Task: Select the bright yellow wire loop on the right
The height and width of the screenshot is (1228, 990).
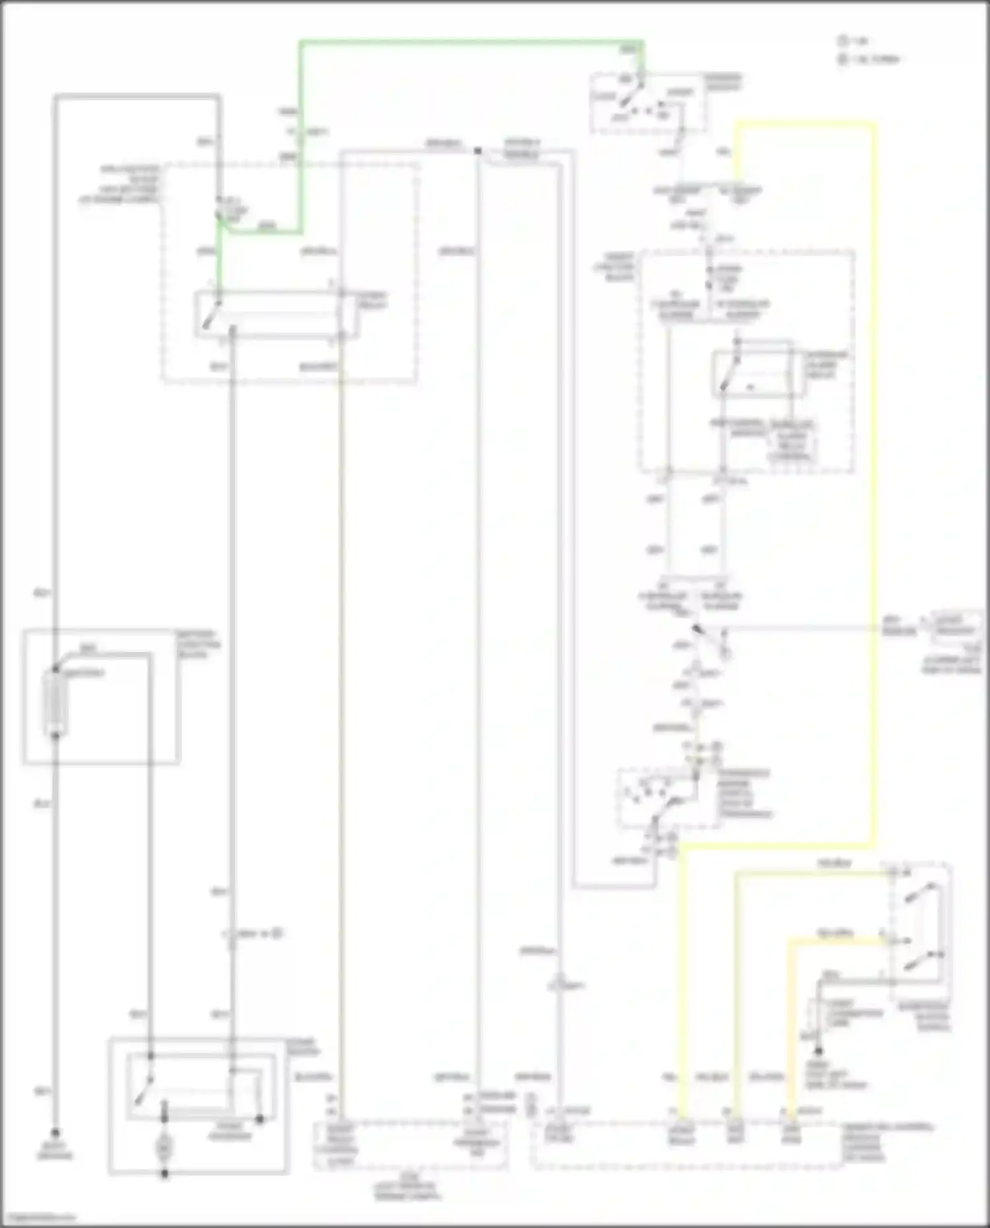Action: point(874,462)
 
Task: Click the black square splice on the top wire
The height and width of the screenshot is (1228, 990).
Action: point(478,151)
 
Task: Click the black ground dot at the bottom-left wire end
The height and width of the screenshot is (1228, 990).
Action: point(55,1132)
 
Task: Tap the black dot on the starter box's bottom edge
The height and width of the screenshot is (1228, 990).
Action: point(164,1174)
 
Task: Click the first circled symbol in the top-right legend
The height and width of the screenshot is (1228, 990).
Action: point(843,41)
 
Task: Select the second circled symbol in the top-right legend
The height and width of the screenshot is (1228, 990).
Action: point(843,59)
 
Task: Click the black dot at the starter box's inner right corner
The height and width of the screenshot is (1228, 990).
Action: point(260,1119)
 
